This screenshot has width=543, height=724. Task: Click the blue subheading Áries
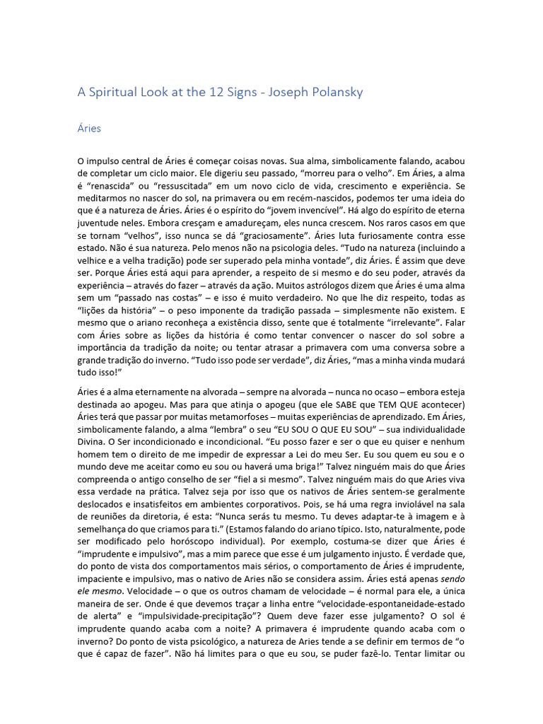coord(89,129)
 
